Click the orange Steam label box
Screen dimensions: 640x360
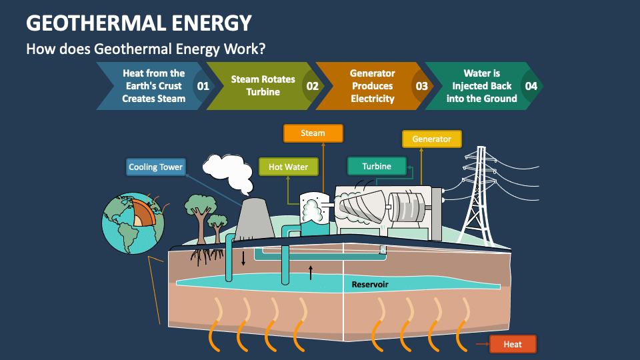click(313, 133)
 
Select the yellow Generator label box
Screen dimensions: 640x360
click(432, 139)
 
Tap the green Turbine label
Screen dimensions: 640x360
click(377, 167)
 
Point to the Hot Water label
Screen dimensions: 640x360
click(288, 167)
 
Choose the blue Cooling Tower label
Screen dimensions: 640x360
click(156, 167)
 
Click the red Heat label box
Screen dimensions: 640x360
click(513, 344)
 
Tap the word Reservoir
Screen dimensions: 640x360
click(370, 285)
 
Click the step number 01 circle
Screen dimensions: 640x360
click(203, 86)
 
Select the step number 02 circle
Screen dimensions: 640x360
click(312, 86)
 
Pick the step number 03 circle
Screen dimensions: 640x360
click(421, 86)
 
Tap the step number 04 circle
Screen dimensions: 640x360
click(531, 86)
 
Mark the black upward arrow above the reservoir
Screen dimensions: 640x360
click(311, 273)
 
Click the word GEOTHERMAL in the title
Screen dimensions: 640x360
click(96, 23)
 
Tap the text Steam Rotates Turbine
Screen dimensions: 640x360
click(263, 86)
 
